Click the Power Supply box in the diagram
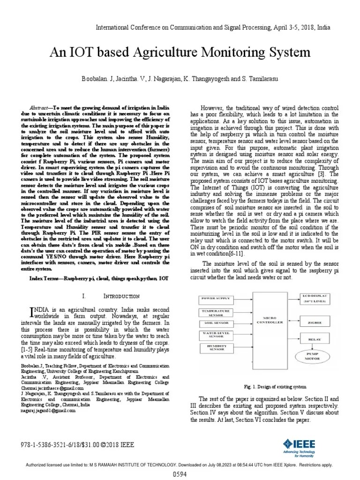tap(216, 298)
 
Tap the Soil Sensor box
tap(216, 323)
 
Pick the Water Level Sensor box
tap(216, 334)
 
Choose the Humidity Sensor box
tap(216, 347)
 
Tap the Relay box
tap(315, 338)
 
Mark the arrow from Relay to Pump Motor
tap(315, 347)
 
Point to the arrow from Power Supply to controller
tap(242, 298)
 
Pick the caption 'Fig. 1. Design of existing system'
tap(269, 387)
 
